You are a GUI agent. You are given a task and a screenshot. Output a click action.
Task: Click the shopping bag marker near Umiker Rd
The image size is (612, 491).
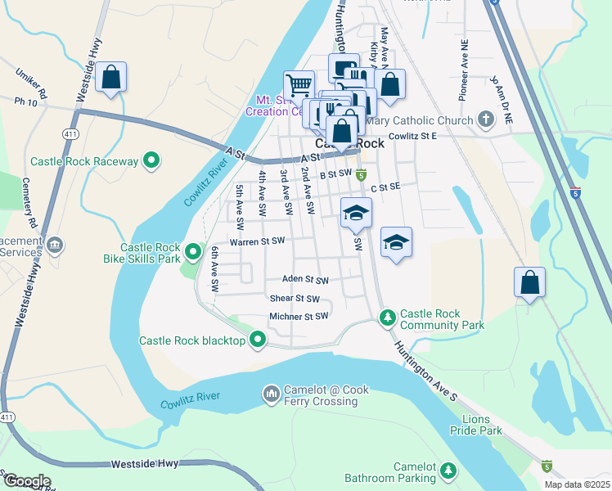click(x=110, y=79)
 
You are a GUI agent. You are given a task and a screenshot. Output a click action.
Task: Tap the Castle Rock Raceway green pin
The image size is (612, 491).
click(x=151, y=161)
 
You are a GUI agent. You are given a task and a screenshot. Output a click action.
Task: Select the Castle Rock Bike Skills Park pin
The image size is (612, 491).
click(x=193, y=252)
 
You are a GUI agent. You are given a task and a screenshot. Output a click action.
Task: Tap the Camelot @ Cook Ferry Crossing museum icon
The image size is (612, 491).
click(x=271, y=395)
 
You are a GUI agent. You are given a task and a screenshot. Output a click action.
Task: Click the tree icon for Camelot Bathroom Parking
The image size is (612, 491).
click(x=448, y=471)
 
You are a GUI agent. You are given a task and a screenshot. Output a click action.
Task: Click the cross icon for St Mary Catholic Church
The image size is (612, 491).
click(x=486, y=120)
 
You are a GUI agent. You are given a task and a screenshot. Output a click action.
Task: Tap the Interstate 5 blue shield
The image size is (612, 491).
click(x=576, y=193)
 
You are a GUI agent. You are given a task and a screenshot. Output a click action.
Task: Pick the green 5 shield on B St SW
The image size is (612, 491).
click(x=361, y=175)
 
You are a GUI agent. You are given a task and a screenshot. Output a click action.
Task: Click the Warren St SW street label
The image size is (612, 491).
click(x=256, y=241)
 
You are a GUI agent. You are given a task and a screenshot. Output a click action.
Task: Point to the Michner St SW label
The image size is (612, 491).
click(x=299, y=316)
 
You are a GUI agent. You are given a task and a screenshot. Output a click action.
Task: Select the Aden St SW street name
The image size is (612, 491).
click(x=304, y=279)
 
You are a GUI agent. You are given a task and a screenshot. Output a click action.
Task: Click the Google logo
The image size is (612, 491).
click(x=26, y=480)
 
